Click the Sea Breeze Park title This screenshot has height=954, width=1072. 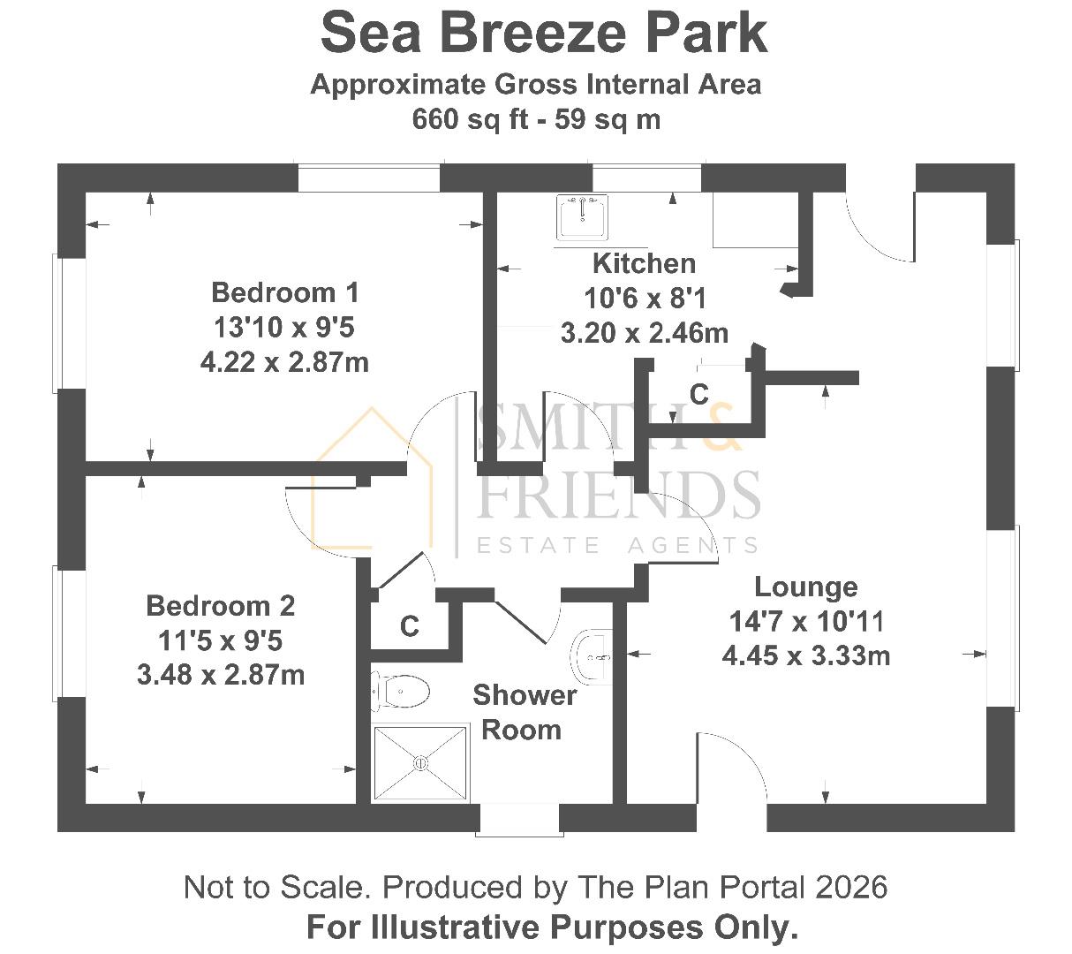pyautogui.click(x=543, y=33)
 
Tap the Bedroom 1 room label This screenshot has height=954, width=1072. pyautogui.click(x=284, y=291)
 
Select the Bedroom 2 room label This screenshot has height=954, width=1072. pyautogui.click(x=220, y=606)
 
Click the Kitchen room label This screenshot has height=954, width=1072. pyautogui.click(x=644, y=263)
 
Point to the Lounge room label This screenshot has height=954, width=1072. pyautogui.click(x=805, y=587)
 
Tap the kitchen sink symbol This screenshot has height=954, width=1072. pyautogui.click(x=582, y=217)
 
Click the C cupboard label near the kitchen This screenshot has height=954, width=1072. pyautogui.click(x=698, y=394)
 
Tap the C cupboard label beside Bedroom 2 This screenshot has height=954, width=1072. pyautogui.click(x=409, y=626)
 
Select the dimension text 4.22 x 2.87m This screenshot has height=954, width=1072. pyautogui.click(x=284, y=362)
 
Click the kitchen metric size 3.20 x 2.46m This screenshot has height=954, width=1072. pyautogui.click(x=644, y=333)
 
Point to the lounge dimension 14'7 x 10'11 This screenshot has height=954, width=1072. pyautogui.click(x=805, y=622)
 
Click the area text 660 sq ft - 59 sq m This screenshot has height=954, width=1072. pyautogui.click(x=536, y=119)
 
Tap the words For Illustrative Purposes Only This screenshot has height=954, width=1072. pyautogui.click(x=552, y=927)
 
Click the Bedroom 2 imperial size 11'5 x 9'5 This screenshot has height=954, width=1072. pyautogui.click(x=220, y=640)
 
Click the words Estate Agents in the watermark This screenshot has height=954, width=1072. pyautogui.click(x=617, y=545)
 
